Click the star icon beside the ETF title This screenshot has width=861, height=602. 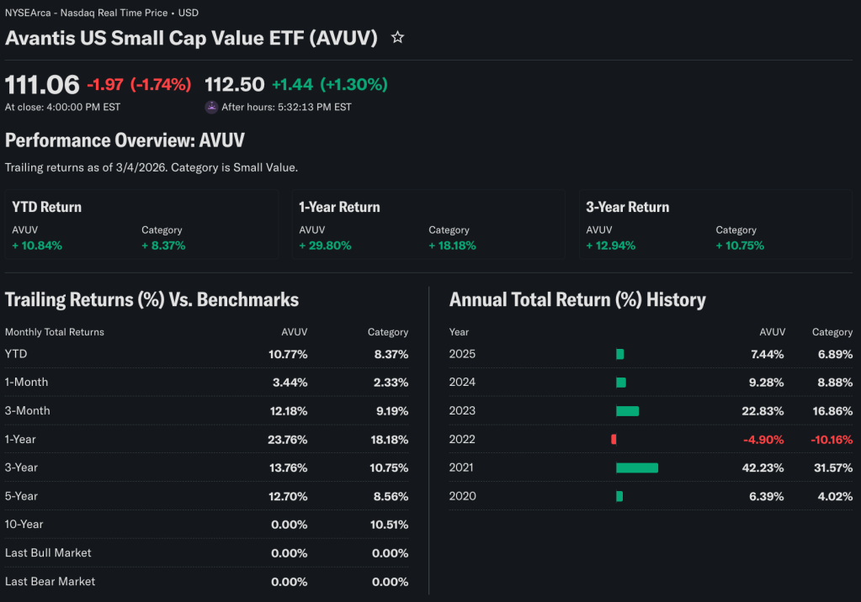click(x=398, y=38)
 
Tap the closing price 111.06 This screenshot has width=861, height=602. click(x=42, y=84)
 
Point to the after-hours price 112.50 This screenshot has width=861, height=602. click(x=235, y=84)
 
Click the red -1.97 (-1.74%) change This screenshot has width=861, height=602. click(x=139, y=84)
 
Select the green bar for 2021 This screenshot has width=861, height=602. click(x=637, y=467)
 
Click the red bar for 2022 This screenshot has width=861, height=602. click(x=614, y=439)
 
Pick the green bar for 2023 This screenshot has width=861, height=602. click(x=627, y=411)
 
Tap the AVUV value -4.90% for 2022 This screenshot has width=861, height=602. click(x=763, y=439)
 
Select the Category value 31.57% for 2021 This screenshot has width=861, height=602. click(x=832, y=467)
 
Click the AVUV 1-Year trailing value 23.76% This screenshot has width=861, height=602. click(x=288, y=439)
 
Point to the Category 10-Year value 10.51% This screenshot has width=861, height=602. click(x=391, y=525)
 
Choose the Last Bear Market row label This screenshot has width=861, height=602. click(x=50, y=581)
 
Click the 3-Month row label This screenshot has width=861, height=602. click(x=27, y=410)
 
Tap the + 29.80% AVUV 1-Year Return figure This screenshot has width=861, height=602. click(x=325, y=246)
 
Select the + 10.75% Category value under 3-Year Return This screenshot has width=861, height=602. click(x=740, y=246)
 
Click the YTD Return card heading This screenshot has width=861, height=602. click(x=47, y=207)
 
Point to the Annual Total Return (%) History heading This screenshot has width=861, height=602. click(x=577, y=299)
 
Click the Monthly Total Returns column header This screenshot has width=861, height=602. click(x=55, y=332)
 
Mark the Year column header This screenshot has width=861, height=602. click(x=460, y=332)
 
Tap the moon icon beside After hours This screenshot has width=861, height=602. click(x=211, y=107)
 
